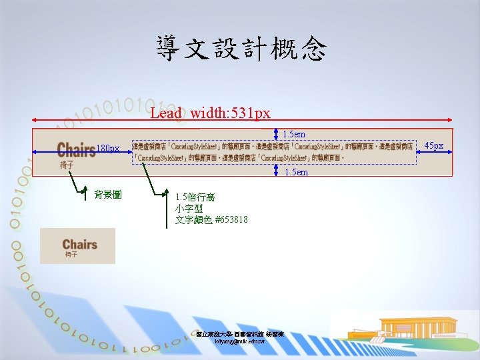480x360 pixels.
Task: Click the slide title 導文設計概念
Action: coord(241,49)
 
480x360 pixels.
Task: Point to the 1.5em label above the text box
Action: coord(294,135)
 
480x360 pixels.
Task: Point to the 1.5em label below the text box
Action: coord(296,173)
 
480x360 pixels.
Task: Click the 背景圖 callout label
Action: coord(107,195)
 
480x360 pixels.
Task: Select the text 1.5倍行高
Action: coord(195,197)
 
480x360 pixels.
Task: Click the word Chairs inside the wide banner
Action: coord(76,149)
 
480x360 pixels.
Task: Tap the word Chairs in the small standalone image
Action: coord(80,244)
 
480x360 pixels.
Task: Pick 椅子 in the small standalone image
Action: coord(71,255)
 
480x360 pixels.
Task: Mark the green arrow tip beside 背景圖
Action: coord(85,193)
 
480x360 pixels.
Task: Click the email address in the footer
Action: coord(240,341)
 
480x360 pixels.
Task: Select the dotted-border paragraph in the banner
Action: coord(273,153)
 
